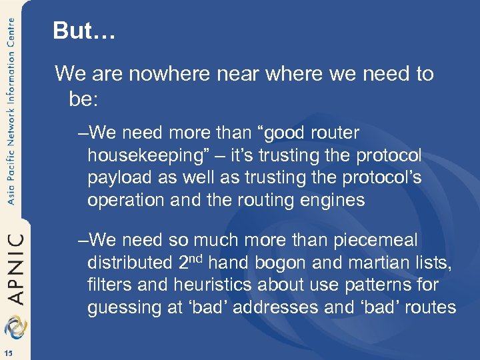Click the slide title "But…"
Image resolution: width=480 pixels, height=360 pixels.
pos(84,31)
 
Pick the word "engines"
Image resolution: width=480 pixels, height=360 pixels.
pos(334,201)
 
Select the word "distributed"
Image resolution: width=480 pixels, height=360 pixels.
pos(129,262)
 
